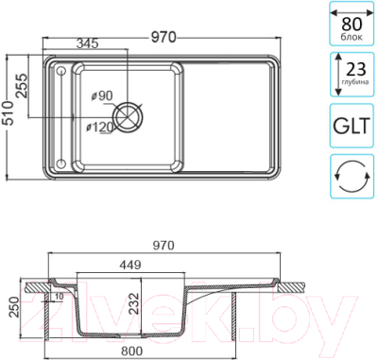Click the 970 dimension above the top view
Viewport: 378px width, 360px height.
(x=163, y=37)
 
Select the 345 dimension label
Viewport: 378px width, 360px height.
(x=87, y=43)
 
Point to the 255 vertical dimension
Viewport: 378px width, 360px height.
(x=22, y=86)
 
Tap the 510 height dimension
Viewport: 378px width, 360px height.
(x=9, y=113)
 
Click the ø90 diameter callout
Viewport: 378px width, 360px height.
(x=102, y=95)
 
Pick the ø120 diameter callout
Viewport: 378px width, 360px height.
(x=99, y=128)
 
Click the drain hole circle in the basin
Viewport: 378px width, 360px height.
(x=129, y=117)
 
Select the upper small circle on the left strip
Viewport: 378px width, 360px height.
(x=60, y=71)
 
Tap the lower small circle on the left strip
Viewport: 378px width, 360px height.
(x=61, y=163)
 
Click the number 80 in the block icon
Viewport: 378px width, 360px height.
(x=352, y=24)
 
